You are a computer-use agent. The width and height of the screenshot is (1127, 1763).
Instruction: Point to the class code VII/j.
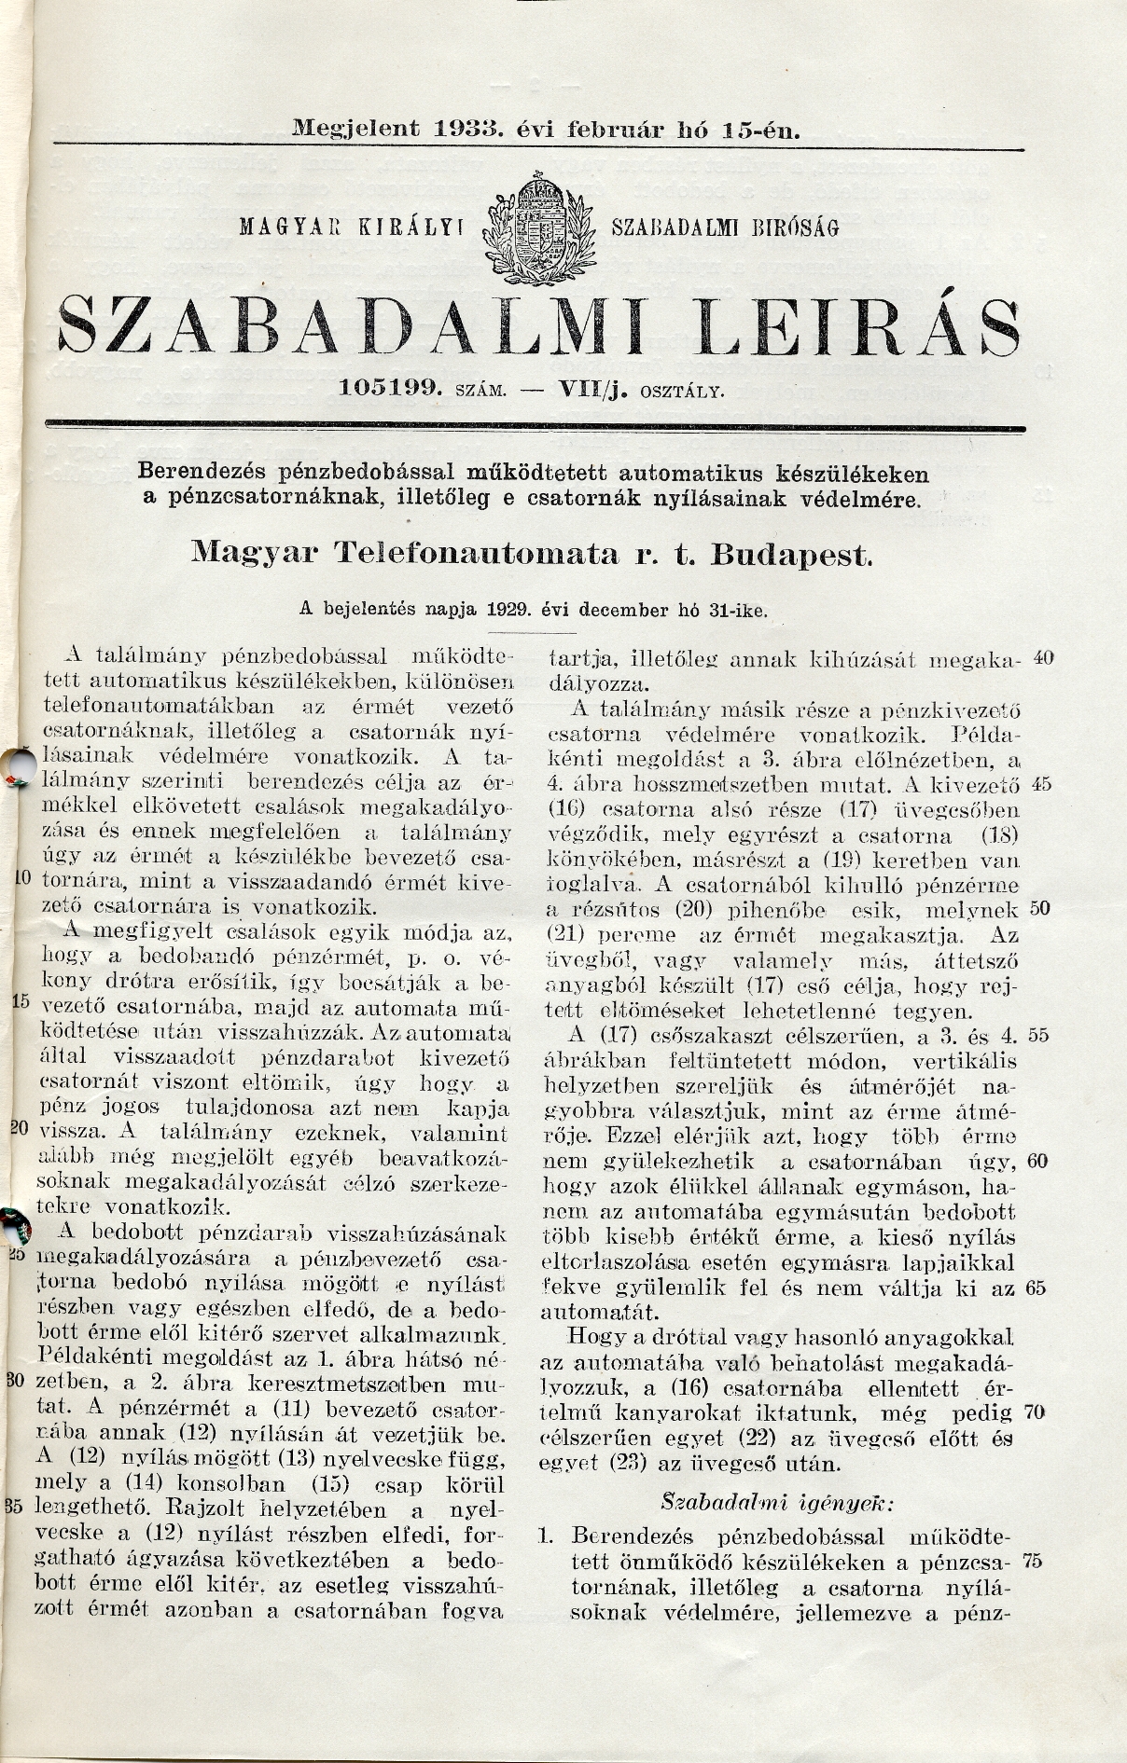click(592, 389)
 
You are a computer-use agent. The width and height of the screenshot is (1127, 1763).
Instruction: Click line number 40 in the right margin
click(1044, 658)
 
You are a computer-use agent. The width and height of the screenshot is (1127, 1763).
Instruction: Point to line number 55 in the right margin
click(1044, 1035)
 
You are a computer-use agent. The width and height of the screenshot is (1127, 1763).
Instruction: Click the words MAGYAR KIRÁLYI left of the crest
click(358, 226)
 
